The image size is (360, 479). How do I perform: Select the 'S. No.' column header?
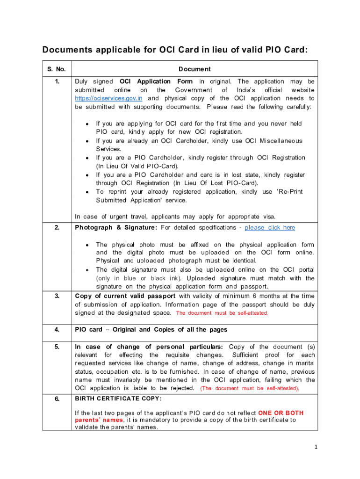point(57,69)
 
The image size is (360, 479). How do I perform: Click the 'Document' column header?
point(194,69)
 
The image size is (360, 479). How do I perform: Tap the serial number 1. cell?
point(57,81)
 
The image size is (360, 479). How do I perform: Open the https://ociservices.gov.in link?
point(108,98)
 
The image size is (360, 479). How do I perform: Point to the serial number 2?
point(57,227)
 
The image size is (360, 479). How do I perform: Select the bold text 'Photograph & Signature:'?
point(116,227)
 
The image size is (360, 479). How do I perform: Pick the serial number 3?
point(57,296)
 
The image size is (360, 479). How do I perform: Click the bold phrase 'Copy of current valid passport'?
point(125,296)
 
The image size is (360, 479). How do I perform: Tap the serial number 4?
point(57,329)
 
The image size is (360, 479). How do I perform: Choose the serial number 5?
point(57,347)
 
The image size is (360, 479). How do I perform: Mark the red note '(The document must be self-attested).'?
point(250,388)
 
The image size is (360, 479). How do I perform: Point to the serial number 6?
point(57,399)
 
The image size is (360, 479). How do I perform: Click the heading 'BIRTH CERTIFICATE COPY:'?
point(118,399)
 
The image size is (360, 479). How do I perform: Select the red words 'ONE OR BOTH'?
point(281,413)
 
